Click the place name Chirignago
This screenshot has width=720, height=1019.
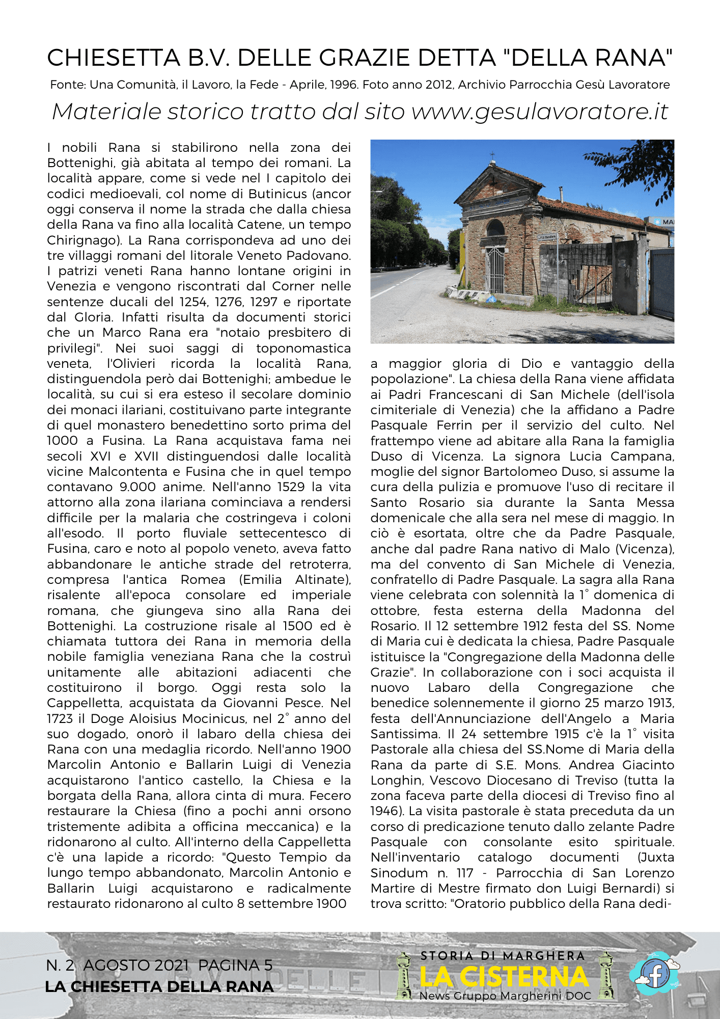(x=84, y=240)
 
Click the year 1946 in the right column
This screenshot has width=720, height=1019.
(x=385, y=811)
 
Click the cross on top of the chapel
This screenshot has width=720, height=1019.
(x=492, y=155)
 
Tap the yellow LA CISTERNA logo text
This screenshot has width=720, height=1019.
(x=504, y=977)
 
